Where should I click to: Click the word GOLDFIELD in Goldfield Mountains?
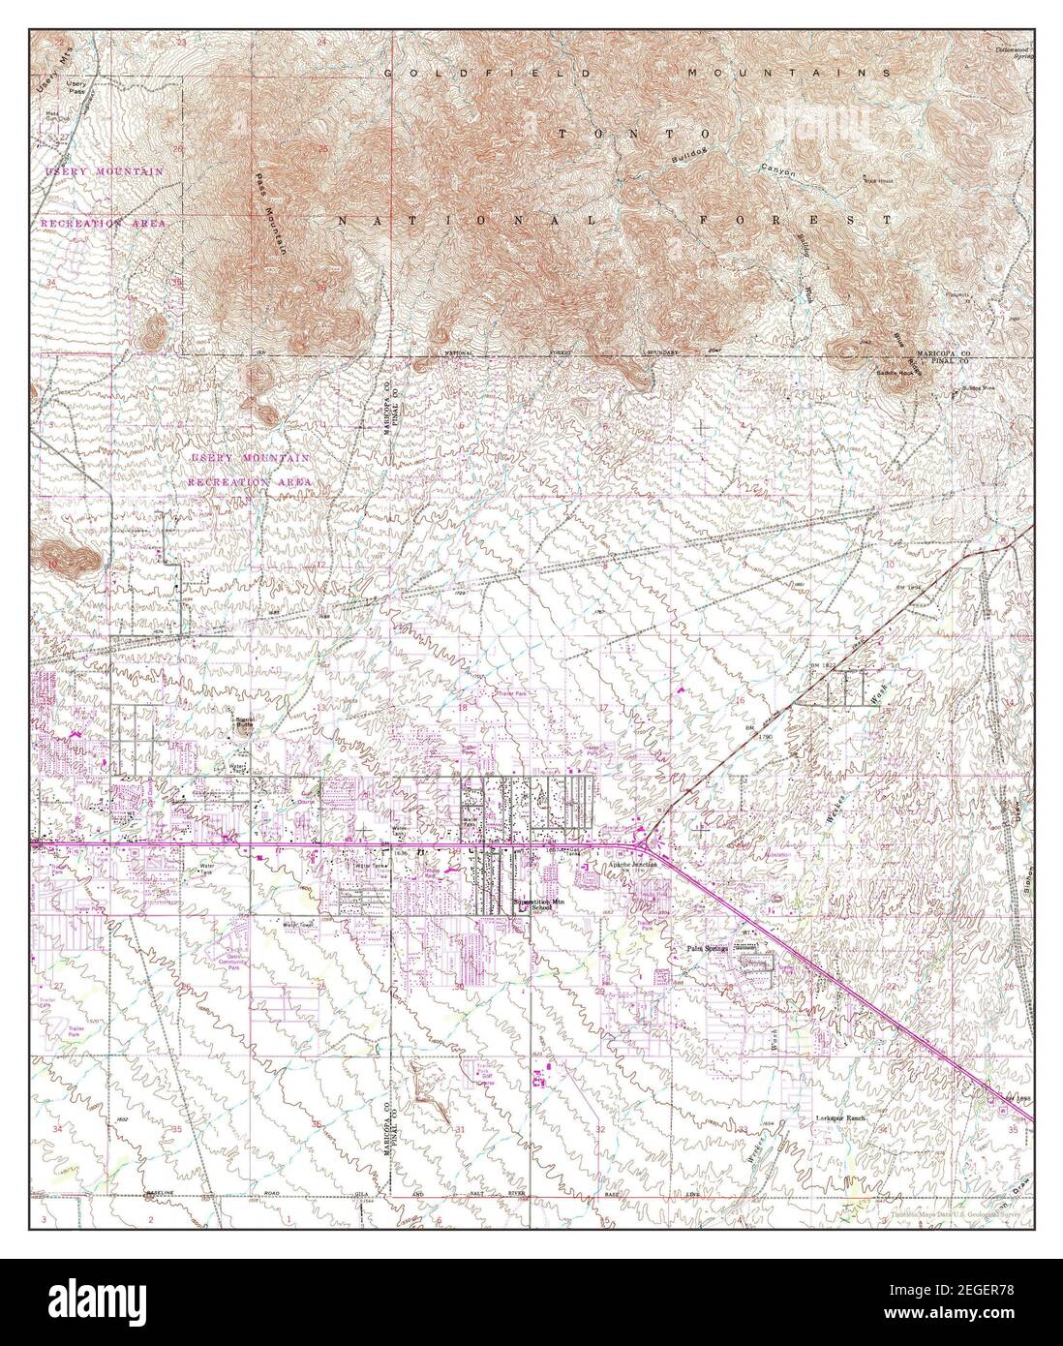[x=440, y=73]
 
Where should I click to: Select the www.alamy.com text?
[x=978, y=1319]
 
